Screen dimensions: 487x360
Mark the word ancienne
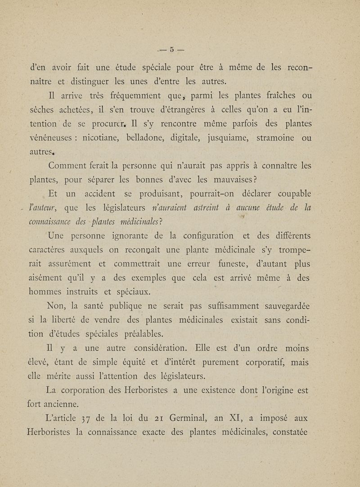coord(62,405)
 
